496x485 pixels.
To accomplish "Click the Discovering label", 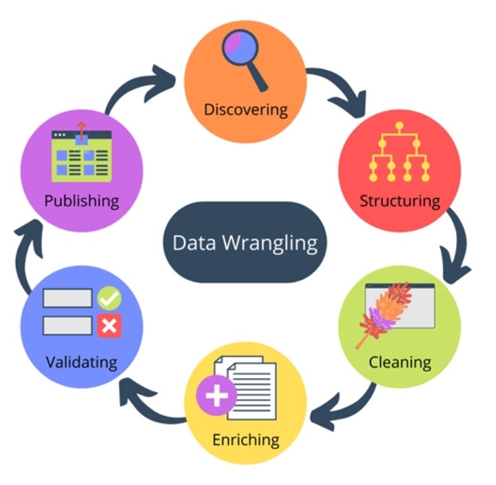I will click(245, 109).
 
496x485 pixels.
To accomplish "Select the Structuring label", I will click(400, 201).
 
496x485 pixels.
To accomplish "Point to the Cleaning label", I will click(400, 362).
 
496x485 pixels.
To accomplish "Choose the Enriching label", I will click(246, 439).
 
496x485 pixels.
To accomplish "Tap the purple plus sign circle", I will click(216, 396).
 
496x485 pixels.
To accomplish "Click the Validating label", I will click(81, 362).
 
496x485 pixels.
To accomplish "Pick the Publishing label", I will click(81, 201).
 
